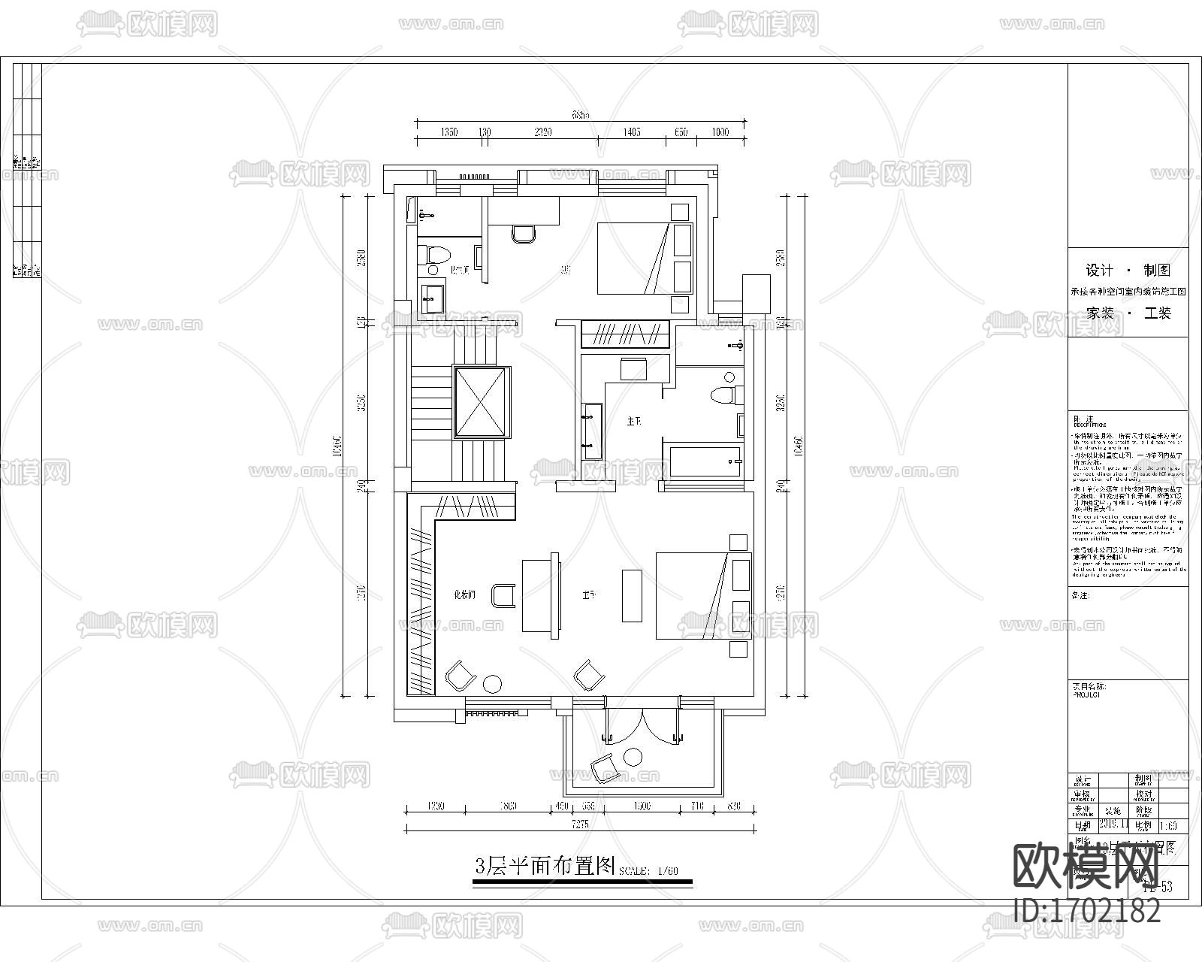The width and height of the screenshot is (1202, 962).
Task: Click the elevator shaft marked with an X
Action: [x=482, y=402]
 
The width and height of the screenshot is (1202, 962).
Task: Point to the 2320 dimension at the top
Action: [x=542, y=132]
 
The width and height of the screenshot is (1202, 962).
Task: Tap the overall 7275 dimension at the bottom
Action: [x=580, y=824]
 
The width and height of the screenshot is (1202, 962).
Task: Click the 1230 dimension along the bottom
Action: [x=436, y=806]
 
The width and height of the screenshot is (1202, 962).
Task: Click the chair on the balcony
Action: [x=605, y=768]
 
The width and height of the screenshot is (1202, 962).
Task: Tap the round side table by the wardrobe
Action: [x=492, y=683]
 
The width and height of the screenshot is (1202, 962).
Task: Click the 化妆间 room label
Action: [x=464, y=594]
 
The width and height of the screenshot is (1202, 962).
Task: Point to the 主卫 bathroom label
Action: [x=633, y=422]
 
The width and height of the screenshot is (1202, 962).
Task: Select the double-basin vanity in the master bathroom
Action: [x=591, y=431]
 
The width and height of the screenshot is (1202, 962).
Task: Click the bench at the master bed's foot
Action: [x=632, y=595]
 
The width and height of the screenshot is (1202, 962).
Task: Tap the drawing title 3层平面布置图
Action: [x=545, y=866]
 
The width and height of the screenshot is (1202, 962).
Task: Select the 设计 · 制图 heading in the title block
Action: [x=1128, y=271]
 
